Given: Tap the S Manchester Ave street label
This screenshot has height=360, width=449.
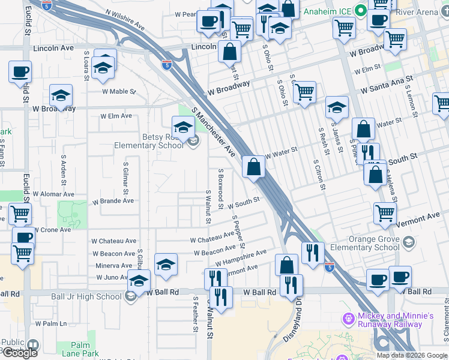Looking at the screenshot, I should pyautogui.click(x=214, y=132).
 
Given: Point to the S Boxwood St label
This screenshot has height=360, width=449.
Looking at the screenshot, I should pyautogui.click(x=221, y=189).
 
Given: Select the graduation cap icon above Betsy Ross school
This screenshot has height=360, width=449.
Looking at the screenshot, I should pyautogui.click(x=183, y=127).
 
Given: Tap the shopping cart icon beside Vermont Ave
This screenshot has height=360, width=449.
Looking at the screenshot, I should pyautogui.click(x=384, y=212).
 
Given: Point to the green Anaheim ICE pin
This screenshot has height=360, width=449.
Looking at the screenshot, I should pyautogui.click(x=360, y=11).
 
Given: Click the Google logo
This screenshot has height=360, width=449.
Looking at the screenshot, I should pyautogui.click(x=19, y=353).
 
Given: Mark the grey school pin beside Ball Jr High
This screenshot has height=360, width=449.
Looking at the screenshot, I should pyautogui.click(x=130, y=296).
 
